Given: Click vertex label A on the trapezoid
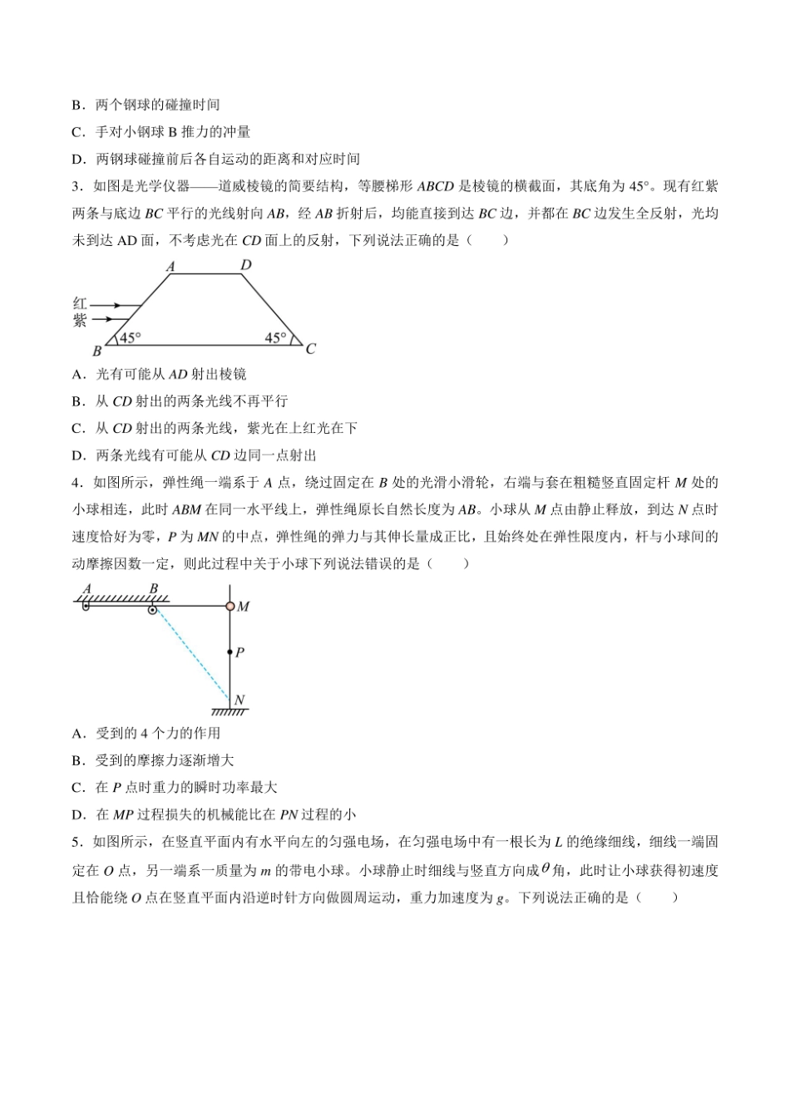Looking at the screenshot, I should pos(170,267).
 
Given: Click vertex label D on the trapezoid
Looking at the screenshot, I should pos(246,265).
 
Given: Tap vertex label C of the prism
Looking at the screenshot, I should pos(310,348).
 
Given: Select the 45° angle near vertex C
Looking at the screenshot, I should pos(274,338).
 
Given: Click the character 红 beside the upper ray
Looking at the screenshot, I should pos(80,305).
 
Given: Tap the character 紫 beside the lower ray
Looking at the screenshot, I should pos(80,321).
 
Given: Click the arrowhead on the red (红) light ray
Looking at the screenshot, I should pos(116,306).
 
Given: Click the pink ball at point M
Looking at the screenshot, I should pos(230,606).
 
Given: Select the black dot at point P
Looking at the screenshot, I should pos(230,652).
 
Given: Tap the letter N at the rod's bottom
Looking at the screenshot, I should pos(240,700).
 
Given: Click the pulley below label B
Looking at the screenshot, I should pos(153,610).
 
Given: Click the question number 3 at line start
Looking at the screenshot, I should pos(76,186).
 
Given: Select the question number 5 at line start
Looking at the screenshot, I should pos(76,842).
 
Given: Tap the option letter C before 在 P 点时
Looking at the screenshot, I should pos(78,787).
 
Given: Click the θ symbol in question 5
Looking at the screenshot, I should pos(546,868).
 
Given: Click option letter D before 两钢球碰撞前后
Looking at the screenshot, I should pos(78,159).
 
